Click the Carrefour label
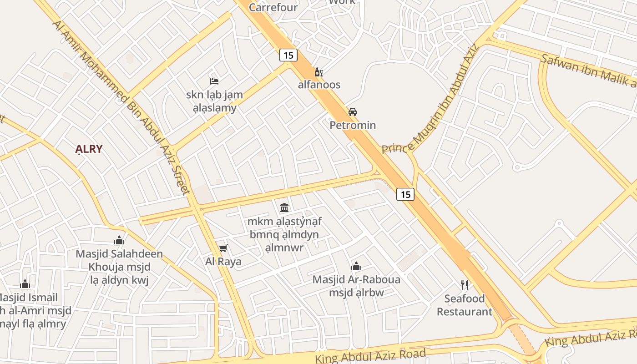coord(273,7)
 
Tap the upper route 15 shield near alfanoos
coord(288,56)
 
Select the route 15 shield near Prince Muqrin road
coord(405,194)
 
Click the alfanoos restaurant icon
coord(319,72)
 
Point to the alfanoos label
coord(319,85)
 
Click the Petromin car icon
coord(353,112)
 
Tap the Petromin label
coord(353,125)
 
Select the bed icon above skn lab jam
coord(214,81)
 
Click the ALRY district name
coord(89,149)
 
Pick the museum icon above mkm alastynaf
coord(284,208)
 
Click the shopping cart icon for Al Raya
coord(223,248)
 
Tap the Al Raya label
coord(223,262)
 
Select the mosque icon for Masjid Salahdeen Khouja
coord(119,240)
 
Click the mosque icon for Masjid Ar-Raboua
coord(356,266)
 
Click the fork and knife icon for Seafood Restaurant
coord(464,285)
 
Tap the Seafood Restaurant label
coord(464,305)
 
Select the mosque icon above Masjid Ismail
coord(25,284)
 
